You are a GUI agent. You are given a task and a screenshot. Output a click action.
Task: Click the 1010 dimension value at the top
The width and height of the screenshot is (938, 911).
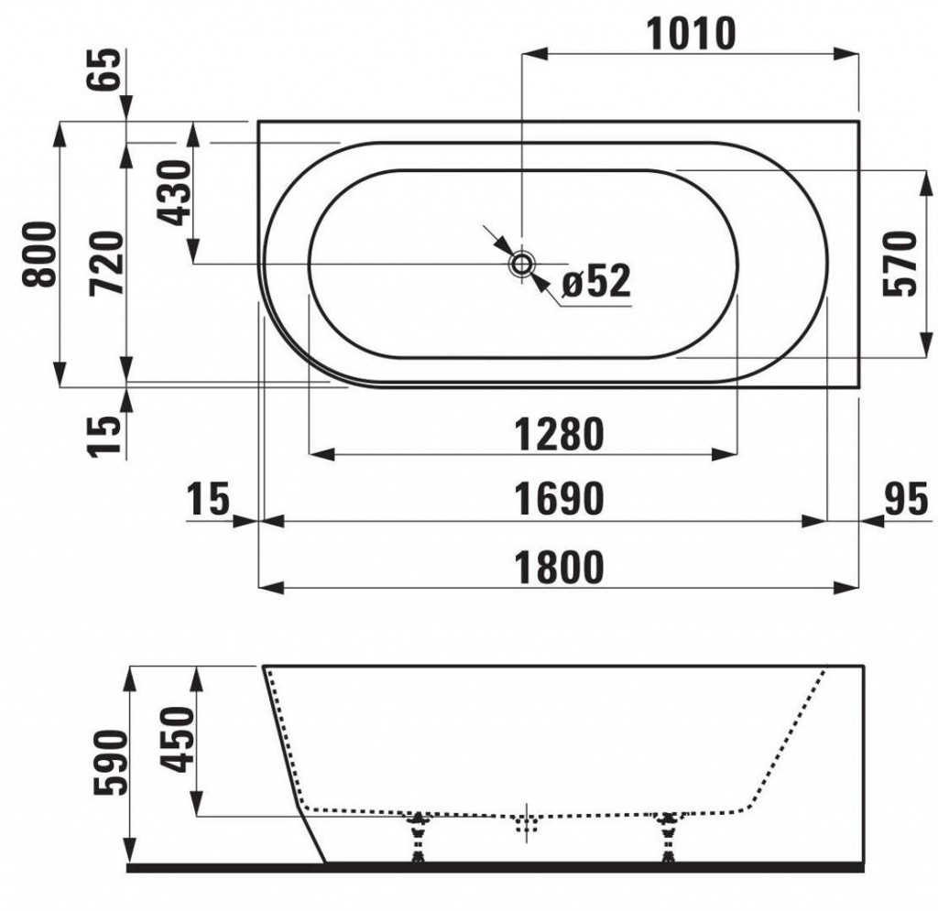point(691,34)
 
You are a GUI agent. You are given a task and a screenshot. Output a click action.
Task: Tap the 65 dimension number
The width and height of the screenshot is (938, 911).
point(104,70)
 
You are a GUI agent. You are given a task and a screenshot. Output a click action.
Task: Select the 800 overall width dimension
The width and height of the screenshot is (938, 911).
point(39,254)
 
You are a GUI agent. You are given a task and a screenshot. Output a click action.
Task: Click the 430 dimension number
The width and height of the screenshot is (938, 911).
point(174,192)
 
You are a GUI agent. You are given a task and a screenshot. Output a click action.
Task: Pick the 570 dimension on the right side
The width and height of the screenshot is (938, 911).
point(900,264)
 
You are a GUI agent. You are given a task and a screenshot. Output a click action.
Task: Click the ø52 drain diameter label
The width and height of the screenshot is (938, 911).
point(596,281)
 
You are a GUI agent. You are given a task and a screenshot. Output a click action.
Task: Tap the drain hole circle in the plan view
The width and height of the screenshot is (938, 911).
point(521,264)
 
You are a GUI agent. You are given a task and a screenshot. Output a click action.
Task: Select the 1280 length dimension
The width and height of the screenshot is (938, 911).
point(560,435)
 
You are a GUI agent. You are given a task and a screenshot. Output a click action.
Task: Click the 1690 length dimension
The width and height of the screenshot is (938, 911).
point(560,499)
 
